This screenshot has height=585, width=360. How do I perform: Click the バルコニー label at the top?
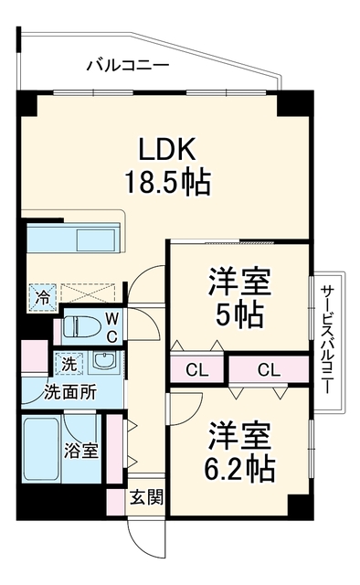128,65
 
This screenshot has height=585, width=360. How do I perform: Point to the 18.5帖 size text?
167,182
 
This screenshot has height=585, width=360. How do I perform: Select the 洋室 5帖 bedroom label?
239,298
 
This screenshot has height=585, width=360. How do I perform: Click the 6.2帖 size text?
239,468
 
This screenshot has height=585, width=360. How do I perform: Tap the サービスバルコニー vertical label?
326,339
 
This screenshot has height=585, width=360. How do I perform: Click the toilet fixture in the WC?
79,327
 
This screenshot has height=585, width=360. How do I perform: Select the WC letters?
112,327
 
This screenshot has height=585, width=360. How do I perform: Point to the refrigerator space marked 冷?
43,297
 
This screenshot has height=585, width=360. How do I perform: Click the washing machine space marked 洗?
69,364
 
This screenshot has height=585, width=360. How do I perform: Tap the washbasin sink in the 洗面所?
104,362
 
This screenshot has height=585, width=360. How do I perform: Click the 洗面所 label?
70,392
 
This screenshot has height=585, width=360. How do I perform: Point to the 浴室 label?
81,451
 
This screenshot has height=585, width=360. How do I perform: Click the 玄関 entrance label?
146,497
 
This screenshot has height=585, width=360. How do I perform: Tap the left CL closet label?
197,370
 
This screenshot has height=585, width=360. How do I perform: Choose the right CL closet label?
269,370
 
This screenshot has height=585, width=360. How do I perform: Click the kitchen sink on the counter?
96,240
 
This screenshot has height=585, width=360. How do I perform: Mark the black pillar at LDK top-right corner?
295,101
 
